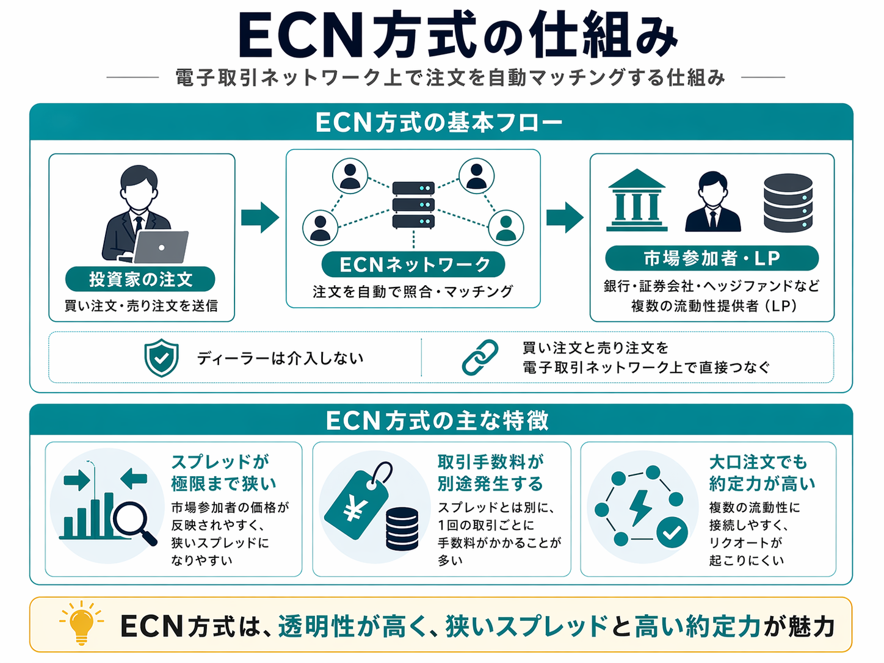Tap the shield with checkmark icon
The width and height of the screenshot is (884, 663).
(161, 358)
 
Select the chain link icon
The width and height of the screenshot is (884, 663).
(480, 357)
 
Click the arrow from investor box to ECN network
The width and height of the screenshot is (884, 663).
(260, 217)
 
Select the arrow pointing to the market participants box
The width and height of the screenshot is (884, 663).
(565, 217)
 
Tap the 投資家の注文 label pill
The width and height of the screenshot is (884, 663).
(140, 280)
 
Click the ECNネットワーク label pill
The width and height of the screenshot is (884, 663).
(413, 264)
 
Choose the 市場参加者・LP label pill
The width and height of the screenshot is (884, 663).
(711, 258)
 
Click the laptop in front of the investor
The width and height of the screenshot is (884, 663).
(161, 247)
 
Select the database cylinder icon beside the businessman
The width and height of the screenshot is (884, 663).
(788, 203)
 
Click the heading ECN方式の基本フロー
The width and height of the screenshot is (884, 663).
(440, 123)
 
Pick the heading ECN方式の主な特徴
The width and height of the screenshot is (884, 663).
(438, 421)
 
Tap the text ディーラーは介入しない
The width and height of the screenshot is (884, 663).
(280, 358)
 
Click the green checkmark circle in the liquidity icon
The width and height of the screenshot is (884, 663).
(672, 533)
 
